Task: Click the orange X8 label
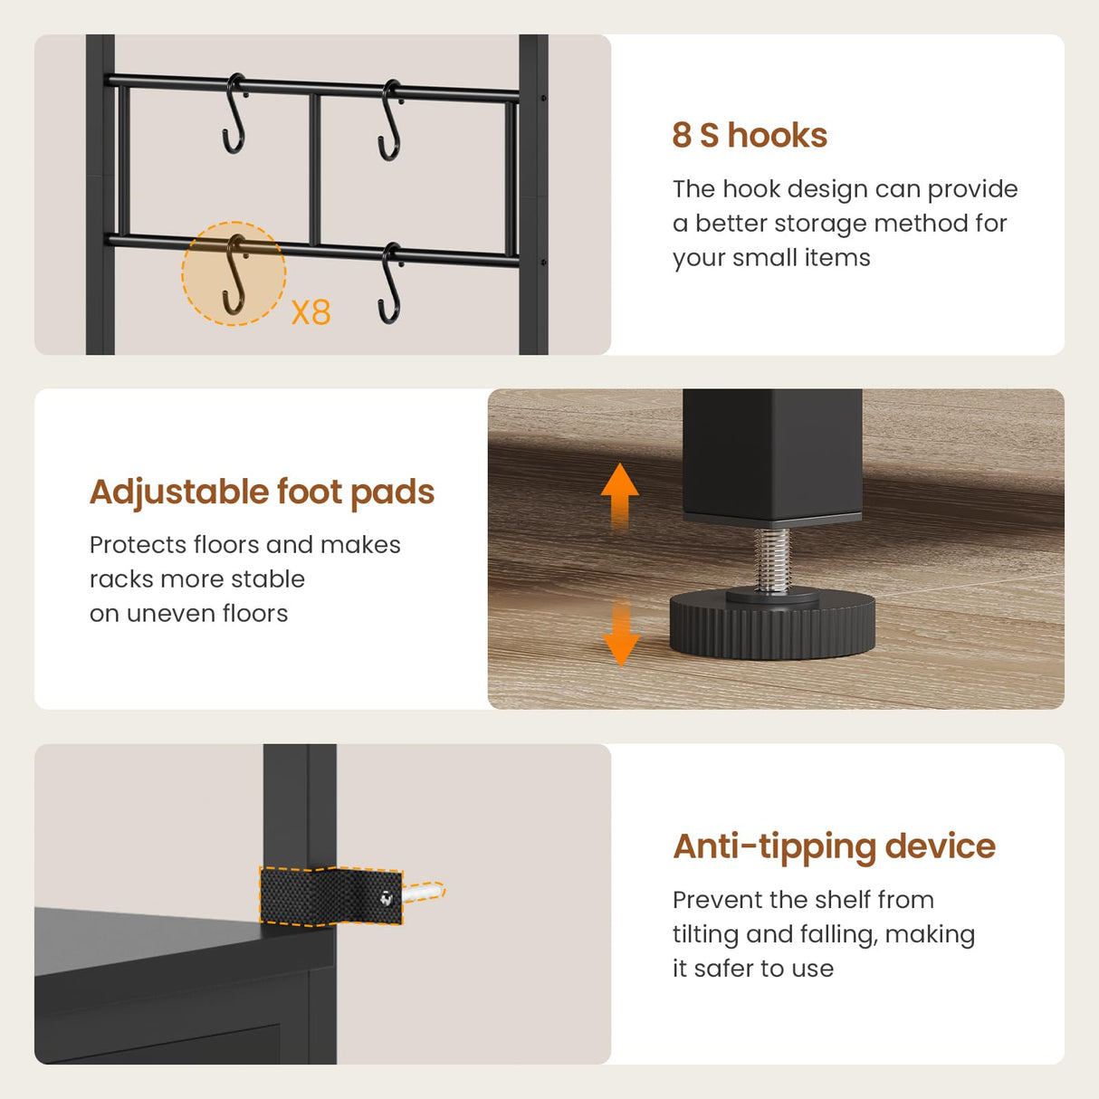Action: tap(311, 312)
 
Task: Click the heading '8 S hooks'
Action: tap(750, 136)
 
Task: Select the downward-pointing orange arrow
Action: tap(620, 632)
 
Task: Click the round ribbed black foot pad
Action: tap(772, 625)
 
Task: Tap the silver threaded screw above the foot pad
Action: tap(771, 559)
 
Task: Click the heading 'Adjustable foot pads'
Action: tap(262, 492)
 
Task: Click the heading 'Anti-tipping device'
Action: tap(834, 846)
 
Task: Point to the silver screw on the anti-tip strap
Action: tap(387, 898)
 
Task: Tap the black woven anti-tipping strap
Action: tap(330, 895)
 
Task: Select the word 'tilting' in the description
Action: tap(705, 934)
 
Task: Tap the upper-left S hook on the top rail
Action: tap(234, 113)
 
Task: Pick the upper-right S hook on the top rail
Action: tap(391, 119)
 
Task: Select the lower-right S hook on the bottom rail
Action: tap(391, 282)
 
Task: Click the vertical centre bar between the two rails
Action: tap(314, 169)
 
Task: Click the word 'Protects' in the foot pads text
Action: tap(138, 545)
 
